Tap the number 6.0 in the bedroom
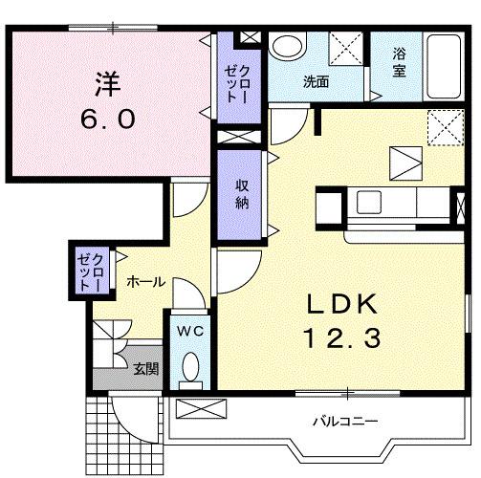coord(107,119)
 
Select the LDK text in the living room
coord(343,303)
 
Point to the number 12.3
coord(344,337)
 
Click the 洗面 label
coord(316,82)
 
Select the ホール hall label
coord(146,282)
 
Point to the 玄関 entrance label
coord(144,369)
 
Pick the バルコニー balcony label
coord(345,421)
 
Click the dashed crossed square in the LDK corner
coord(440,124)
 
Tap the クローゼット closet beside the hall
coord(92,270)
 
